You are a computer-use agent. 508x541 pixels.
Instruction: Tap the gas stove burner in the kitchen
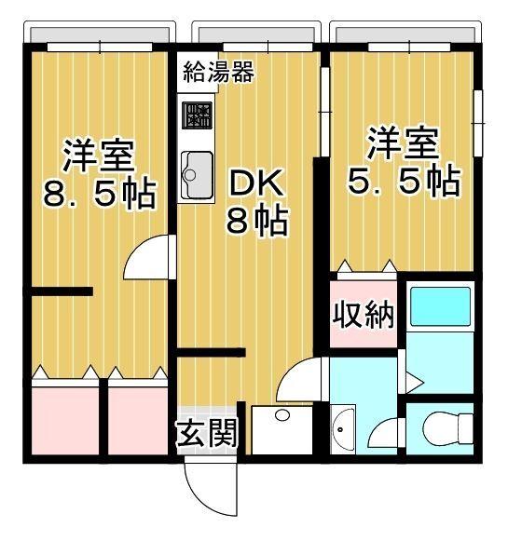[198, 115]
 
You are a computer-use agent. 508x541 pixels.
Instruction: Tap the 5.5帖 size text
[403, 181]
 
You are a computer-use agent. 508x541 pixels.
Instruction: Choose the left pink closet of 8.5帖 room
[65, 418]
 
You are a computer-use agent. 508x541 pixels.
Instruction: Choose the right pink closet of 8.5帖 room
[136, 418]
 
